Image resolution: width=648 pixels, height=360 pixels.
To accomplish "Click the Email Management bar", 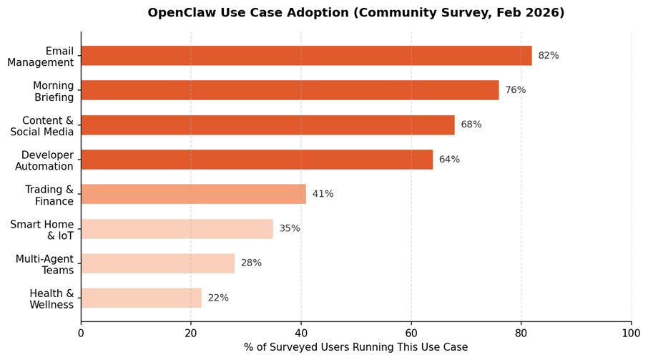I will point(306,56).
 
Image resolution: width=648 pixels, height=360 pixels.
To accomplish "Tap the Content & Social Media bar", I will point(267,125).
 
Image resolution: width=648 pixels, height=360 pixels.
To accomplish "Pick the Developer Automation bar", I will point(257,160).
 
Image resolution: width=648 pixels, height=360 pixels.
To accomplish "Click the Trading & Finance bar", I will point(193,194).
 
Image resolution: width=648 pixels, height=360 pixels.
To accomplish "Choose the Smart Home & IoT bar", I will point(177,229).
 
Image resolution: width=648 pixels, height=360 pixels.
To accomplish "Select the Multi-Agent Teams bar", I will point(157,263).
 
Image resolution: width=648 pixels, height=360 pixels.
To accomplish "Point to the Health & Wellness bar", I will point(141,298).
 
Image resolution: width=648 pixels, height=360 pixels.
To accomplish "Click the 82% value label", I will point(549,56).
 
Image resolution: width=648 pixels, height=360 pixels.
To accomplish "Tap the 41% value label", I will point(323,194).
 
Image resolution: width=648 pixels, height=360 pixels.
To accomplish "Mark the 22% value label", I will point(218,298).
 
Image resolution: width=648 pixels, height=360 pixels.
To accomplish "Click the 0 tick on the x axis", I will point(81,333).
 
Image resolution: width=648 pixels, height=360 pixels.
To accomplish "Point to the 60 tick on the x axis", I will point(411,333).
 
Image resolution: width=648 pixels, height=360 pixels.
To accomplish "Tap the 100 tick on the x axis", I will point(631,333).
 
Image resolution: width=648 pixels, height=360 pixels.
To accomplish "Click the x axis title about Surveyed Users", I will point(355,348).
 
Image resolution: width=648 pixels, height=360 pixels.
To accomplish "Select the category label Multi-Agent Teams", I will point(44,264).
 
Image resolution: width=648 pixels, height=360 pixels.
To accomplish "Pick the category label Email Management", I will point(41,57).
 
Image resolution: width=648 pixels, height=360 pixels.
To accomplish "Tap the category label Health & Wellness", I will point(51,299).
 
